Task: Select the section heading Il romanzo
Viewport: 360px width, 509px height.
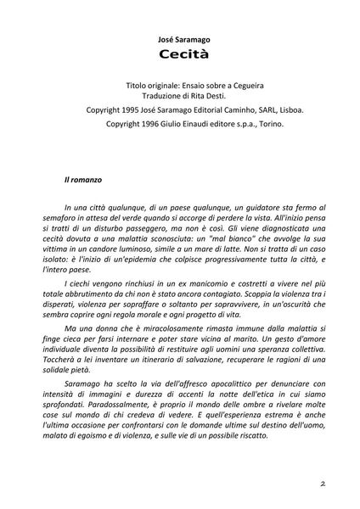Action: pos(82,181)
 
